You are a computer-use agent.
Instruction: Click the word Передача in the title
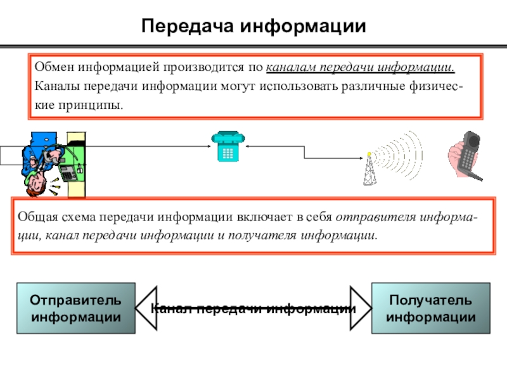click(x=187, y=26)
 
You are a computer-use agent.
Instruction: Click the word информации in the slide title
click(x=303, y=26)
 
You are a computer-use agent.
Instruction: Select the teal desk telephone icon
click(x=228, y=146)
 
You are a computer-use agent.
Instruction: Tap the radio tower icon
click(x=369, y=169)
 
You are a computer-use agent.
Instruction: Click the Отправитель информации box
click(x=76, y=308)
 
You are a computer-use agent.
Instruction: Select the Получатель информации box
click(x=431, y=308)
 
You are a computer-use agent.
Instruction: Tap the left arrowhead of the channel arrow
click(x=146, y=308)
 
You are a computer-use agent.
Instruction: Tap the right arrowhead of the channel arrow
click(x=361, y=308)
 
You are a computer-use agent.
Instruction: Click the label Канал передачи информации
click(x=253, y=308)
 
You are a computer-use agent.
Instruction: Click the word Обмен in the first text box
click(x=55, y=67)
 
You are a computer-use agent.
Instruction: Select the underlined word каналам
click(x=291, y=67)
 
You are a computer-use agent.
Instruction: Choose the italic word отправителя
click(x=376, y=217)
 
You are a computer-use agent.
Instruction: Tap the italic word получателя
click(x=262, y=236)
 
